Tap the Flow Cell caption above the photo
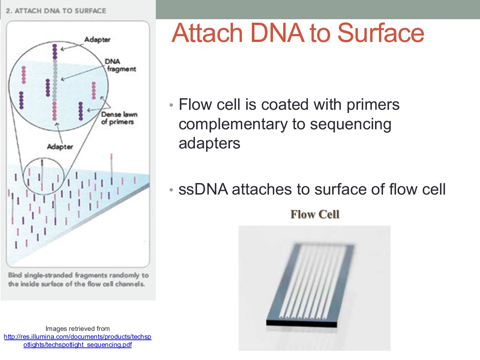point(315,214)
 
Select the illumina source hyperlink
point(77,340)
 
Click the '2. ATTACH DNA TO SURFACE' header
point(56,11)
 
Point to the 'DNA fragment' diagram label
point(120,65)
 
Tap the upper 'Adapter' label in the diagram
point(97,39)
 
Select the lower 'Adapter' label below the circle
point(60,147)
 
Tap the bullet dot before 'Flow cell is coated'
point(172,105)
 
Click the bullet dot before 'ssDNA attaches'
point(172,190)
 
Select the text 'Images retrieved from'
point(77,329)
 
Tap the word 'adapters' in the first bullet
point(209,143)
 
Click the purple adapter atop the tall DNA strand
point(55,52)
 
